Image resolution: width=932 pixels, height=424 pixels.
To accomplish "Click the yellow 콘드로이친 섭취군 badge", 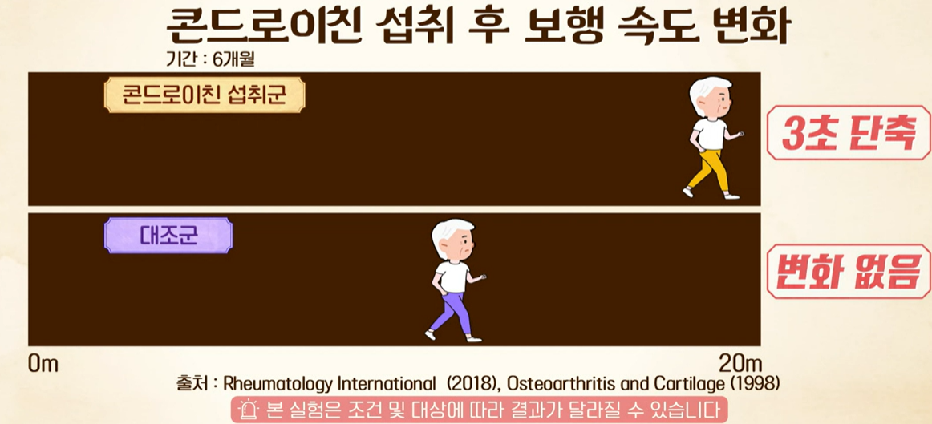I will click(x=205, y=95).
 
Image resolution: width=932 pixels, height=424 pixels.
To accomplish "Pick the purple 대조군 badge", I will click(x=168, y=236).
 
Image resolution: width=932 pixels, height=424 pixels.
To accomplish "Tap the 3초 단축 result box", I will click(x=848, y=133).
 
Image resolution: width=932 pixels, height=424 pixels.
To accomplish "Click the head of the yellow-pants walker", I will click(x=711, y=98).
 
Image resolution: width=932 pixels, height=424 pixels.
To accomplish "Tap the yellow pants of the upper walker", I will click(x=710, y=170).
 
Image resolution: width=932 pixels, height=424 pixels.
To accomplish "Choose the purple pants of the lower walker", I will click(x=449, y=309).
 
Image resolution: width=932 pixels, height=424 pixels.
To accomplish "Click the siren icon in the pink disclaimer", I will click(x=248, y=410).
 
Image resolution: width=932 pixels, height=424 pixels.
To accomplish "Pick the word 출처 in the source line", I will click(x=192, y=383).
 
